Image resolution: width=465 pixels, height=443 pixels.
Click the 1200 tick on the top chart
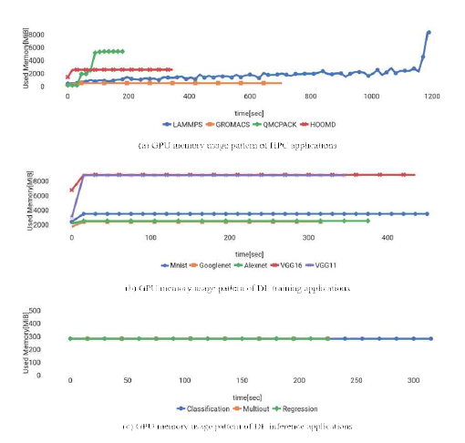pos(432,96)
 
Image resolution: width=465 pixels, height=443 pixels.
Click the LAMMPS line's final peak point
pos(429,33)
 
